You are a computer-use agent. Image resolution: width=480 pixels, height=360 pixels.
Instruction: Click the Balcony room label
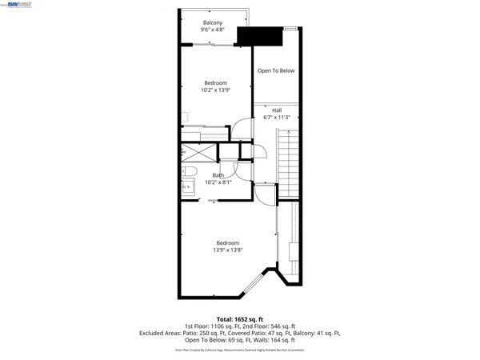pyautogui.click(x=213, y=22)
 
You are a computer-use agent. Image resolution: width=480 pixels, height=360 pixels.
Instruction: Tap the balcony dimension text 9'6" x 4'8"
pyautogui.click(x=213, y=30)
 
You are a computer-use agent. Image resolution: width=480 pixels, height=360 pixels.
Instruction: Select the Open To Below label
pyautogui.click(x=276, y=70)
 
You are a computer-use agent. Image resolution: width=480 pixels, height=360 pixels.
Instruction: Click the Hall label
pyautogui.click(x=277, y=110)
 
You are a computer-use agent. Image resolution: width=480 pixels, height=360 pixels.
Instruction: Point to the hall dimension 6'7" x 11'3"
pyautogui.click(x=277, y=118)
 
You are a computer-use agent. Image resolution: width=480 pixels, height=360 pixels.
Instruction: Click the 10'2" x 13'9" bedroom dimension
pyautogui.click(x=215, y=90)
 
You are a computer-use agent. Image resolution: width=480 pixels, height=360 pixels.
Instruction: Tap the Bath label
pyautogui.click(x=218, y=175)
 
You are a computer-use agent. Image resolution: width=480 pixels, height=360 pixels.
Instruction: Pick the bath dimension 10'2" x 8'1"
pyautogui.click(x=218, y=182)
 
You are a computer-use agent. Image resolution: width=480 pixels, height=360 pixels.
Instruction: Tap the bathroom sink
pyautogui.click(x=190, y=188)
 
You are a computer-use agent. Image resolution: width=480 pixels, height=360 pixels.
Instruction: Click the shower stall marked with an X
pyautogui.click(x=197, y=150)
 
